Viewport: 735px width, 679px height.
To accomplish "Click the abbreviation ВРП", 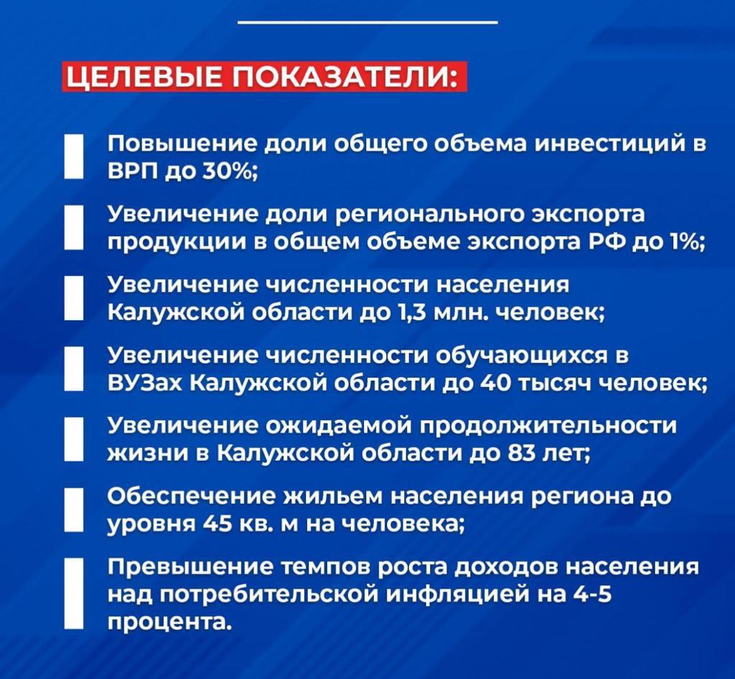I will click(134, 172).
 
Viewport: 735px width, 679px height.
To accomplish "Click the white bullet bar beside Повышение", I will click(75, 156).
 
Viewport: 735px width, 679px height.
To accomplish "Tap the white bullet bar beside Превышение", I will click(75, 594).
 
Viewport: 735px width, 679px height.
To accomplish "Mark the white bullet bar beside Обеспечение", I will click(75, 509).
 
